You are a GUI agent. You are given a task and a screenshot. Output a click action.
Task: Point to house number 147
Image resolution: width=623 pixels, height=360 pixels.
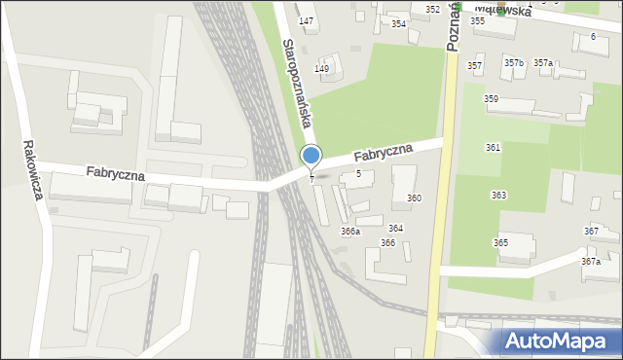307,21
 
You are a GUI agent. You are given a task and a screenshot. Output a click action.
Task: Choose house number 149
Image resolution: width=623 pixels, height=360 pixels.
321,68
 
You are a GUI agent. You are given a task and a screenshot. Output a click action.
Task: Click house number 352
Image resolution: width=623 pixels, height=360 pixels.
432,9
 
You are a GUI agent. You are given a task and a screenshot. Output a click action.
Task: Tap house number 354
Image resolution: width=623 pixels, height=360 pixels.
398,24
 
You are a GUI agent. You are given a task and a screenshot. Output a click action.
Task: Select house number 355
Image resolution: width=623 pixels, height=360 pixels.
478,20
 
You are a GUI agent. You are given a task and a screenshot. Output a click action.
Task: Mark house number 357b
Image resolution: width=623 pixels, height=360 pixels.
514,63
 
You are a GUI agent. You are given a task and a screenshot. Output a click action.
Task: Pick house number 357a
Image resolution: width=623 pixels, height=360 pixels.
542,63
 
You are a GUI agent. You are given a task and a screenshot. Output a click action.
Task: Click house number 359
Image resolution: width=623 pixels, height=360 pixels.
492,99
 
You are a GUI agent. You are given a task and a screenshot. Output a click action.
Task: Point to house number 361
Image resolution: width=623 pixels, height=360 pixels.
494,147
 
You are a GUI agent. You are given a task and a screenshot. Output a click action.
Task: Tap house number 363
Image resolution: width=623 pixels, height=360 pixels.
499,196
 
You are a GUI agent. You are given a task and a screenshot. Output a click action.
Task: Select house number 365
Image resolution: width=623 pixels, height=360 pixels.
500,243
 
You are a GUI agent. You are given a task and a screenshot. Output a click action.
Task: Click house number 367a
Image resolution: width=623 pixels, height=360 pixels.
591,262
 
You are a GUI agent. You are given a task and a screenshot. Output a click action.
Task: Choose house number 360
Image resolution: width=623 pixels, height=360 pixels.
415,198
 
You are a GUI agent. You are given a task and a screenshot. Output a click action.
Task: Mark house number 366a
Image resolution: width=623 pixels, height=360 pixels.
350,232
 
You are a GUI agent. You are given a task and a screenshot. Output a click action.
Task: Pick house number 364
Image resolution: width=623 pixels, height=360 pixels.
395,228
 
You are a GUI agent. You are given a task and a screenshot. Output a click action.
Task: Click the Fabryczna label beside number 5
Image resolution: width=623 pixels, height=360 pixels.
383,154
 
